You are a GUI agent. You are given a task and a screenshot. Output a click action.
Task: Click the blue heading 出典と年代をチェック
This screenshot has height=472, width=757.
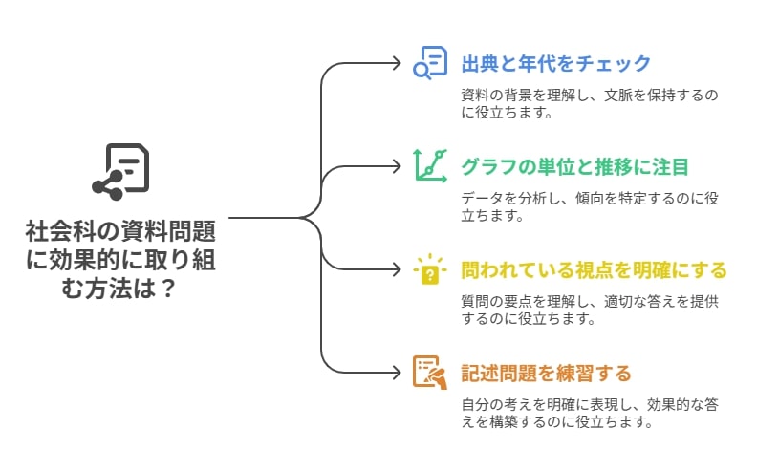[556, 64]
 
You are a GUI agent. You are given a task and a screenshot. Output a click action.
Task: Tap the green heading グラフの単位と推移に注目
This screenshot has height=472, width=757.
[575, 167]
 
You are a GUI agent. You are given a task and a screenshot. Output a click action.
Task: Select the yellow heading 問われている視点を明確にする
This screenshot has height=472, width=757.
[594, 270]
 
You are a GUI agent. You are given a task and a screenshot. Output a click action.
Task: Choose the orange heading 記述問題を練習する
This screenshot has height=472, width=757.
[547, 374]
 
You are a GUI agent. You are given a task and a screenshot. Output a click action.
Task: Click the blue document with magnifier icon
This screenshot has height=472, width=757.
[430, 63]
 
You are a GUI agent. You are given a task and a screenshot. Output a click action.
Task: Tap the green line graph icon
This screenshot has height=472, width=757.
[430, 166]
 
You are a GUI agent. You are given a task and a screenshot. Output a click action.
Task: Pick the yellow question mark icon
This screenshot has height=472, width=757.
[430, 269]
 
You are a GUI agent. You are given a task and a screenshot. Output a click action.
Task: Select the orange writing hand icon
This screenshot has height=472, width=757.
[430, 373]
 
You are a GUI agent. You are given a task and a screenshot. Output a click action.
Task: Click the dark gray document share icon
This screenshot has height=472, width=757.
[120, 172]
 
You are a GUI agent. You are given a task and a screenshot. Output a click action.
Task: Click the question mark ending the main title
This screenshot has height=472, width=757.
[167, 289]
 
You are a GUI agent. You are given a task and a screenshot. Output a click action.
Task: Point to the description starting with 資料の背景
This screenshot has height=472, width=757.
[590, 103]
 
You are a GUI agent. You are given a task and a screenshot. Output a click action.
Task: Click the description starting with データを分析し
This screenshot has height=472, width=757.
[590, 206]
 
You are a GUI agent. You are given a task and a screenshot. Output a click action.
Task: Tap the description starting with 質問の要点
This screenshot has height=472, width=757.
[590, 310]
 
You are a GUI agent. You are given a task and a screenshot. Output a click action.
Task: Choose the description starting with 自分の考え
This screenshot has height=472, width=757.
[590, 413]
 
